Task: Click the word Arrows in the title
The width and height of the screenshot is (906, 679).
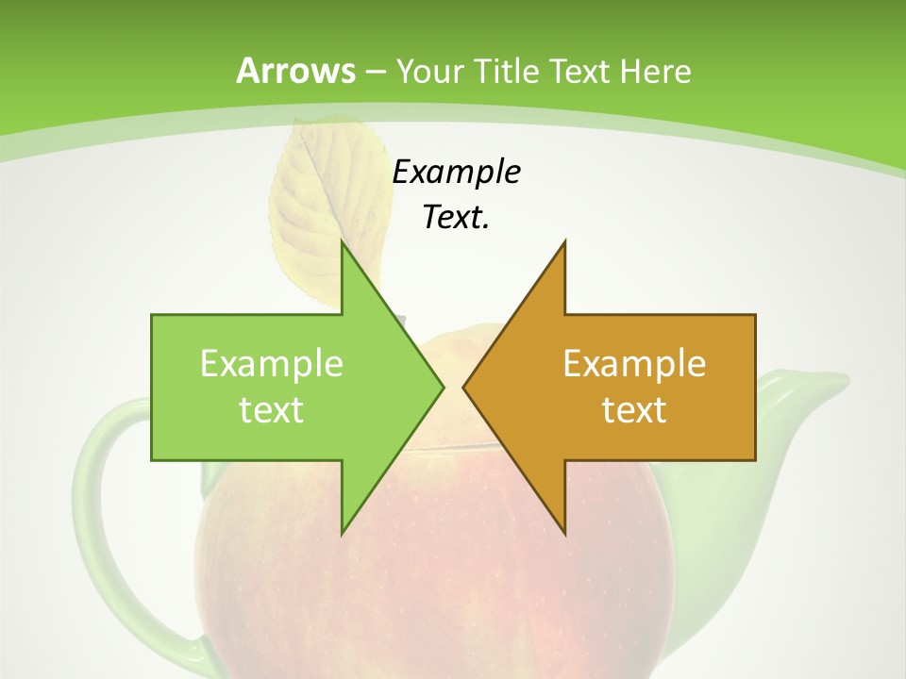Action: (295, 71)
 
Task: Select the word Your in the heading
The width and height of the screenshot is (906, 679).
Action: (429, 72)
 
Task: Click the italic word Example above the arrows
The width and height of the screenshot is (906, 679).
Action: (456, 172)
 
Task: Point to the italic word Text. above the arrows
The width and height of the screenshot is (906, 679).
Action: (456, 217)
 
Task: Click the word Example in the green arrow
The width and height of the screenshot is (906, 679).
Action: (272, 364)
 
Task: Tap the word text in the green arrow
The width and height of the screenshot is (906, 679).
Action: (272, 409)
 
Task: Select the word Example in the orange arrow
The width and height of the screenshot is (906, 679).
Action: (634, 364)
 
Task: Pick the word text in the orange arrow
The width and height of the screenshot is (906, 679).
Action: (634, 409)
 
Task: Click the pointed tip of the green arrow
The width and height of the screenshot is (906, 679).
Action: (443, 387)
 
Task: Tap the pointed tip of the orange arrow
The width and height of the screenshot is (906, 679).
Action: (464, 387)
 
